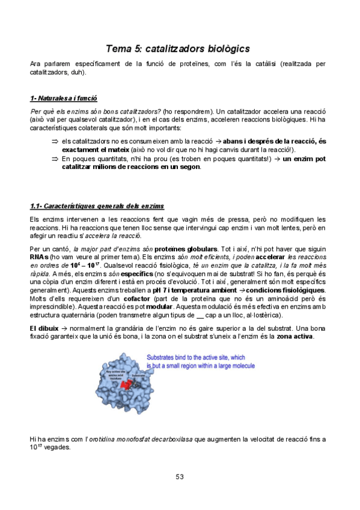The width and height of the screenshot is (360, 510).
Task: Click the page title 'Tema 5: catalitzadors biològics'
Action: (178, 48)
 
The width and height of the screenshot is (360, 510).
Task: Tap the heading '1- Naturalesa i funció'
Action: (64, 99)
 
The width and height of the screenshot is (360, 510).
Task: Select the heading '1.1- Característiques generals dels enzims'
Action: (97, 206)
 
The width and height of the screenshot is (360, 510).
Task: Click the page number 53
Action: (179, 477)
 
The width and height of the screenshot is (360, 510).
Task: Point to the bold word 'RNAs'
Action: (38, 257)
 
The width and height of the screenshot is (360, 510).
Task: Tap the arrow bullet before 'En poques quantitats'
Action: (53, 159)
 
